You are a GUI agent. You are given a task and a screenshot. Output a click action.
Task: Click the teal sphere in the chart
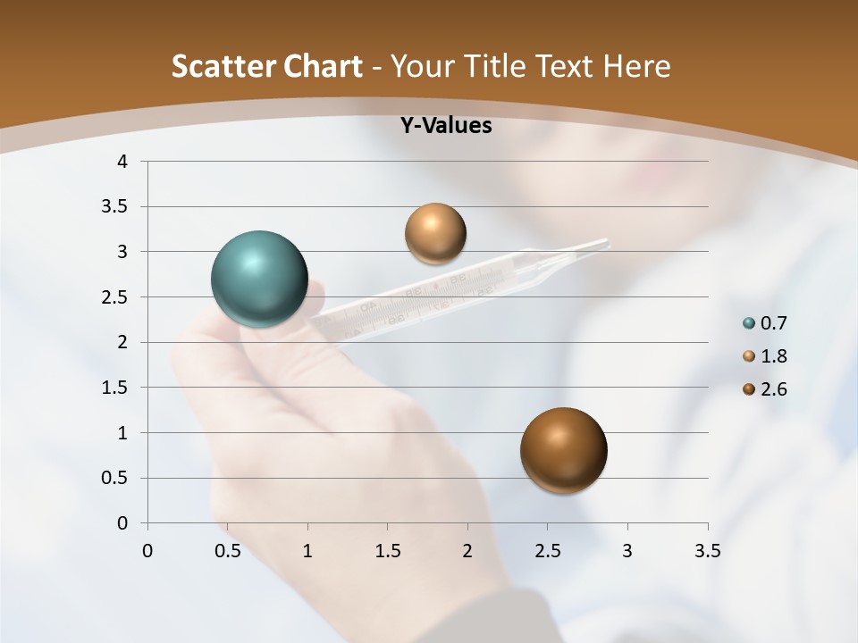coord(259,279)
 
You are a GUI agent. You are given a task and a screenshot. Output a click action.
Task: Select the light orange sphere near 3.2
coord(435,233)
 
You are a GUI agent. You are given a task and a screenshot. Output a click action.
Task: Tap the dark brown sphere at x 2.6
coord(563,450)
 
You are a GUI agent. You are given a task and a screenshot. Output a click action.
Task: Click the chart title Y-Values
coord(445,126)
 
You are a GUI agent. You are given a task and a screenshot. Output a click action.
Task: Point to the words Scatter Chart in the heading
coord(266,66)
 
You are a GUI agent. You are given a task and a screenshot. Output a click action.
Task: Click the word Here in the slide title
coord(636,66)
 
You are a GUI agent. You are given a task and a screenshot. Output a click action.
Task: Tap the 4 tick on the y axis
coord(123,162)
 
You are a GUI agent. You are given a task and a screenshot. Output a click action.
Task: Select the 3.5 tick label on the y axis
coord(117,206)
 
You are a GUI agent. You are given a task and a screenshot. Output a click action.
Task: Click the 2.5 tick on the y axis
coord(117,297)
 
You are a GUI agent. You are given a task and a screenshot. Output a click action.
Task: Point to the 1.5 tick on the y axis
coord(117,388)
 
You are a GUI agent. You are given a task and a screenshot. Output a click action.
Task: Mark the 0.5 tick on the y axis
coord(117,478)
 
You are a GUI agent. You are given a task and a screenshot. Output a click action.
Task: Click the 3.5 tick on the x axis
coord(707,551)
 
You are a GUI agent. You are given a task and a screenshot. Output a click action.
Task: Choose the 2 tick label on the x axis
coord(467,551)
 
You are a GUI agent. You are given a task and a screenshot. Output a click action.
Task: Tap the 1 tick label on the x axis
coord(307,551)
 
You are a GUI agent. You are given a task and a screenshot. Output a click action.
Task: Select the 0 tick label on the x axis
coord(147,551)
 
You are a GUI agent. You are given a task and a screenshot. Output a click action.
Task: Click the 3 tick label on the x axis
coord(627,551)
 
